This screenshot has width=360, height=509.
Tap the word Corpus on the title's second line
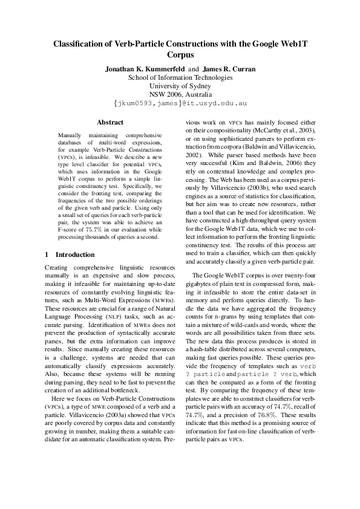180,54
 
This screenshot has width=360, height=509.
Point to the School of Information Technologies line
180,77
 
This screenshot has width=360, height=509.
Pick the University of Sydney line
180,86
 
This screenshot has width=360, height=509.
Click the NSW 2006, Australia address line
180,95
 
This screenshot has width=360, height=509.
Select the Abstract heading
110,122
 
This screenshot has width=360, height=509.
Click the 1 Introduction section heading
70,254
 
